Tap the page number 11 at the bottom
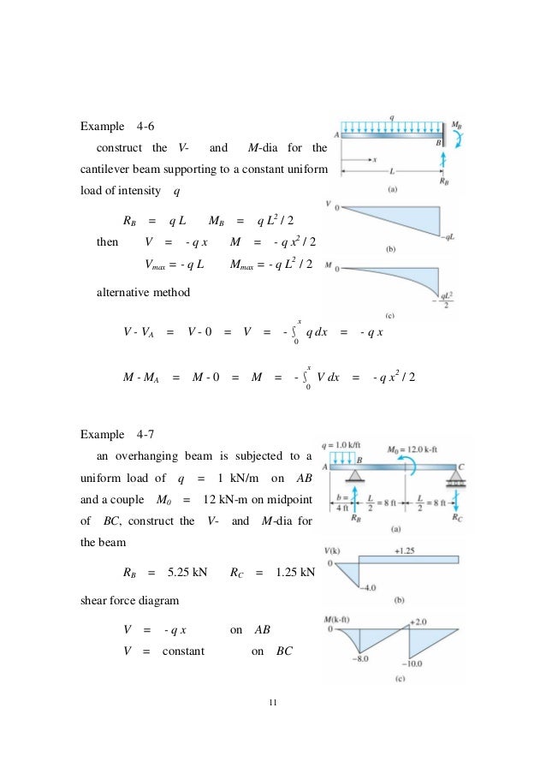click(x=272, y=702)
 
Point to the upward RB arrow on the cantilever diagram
click(x=442, y=162)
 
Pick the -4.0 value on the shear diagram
click(x=368, y=586)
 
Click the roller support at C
click(x=460, y=476)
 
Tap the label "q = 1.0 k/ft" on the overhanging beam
click(x=339, y=446)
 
